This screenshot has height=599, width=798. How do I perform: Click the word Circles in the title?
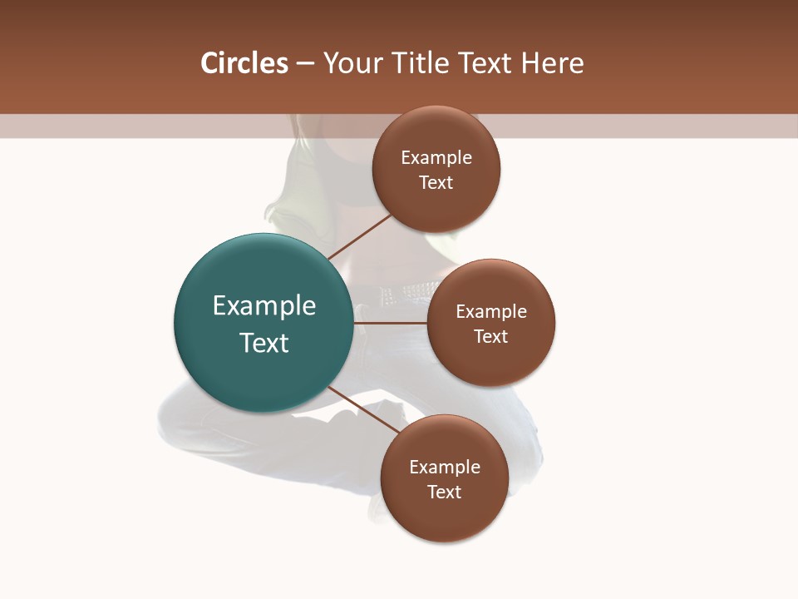(x=244, y=63)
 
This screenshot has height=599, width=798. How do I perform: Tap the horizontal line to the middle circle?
(x=391, y=323)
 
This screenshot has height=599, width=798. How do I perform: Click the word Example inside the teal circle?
(x=264, y=306)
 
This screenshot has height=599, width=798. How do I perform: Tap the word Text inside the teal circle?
(x=264, y=343)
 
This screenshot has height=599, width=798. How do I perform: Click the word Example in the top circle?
(x=436, y=157)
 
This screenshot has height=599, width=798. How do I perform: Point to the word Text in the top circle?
(x=436, y=182)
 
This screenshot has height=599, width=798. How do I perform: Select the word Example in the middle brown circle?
(x=491, y=311)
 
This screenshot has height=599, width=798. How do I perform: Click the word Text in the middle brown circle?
(x=491, y=336)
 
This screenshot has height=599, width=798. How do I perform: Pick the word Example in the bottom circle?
(x=444, y=467)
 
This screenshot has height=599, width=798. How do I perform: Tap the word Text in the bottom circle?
(x=444, y=492)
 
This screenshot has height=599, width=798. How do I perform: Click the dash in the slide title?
(x=305, y=63)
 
